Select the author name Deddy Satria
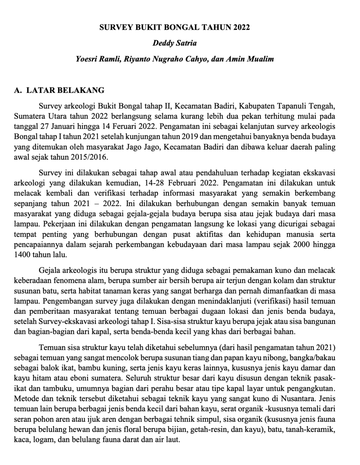(175, 43)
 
